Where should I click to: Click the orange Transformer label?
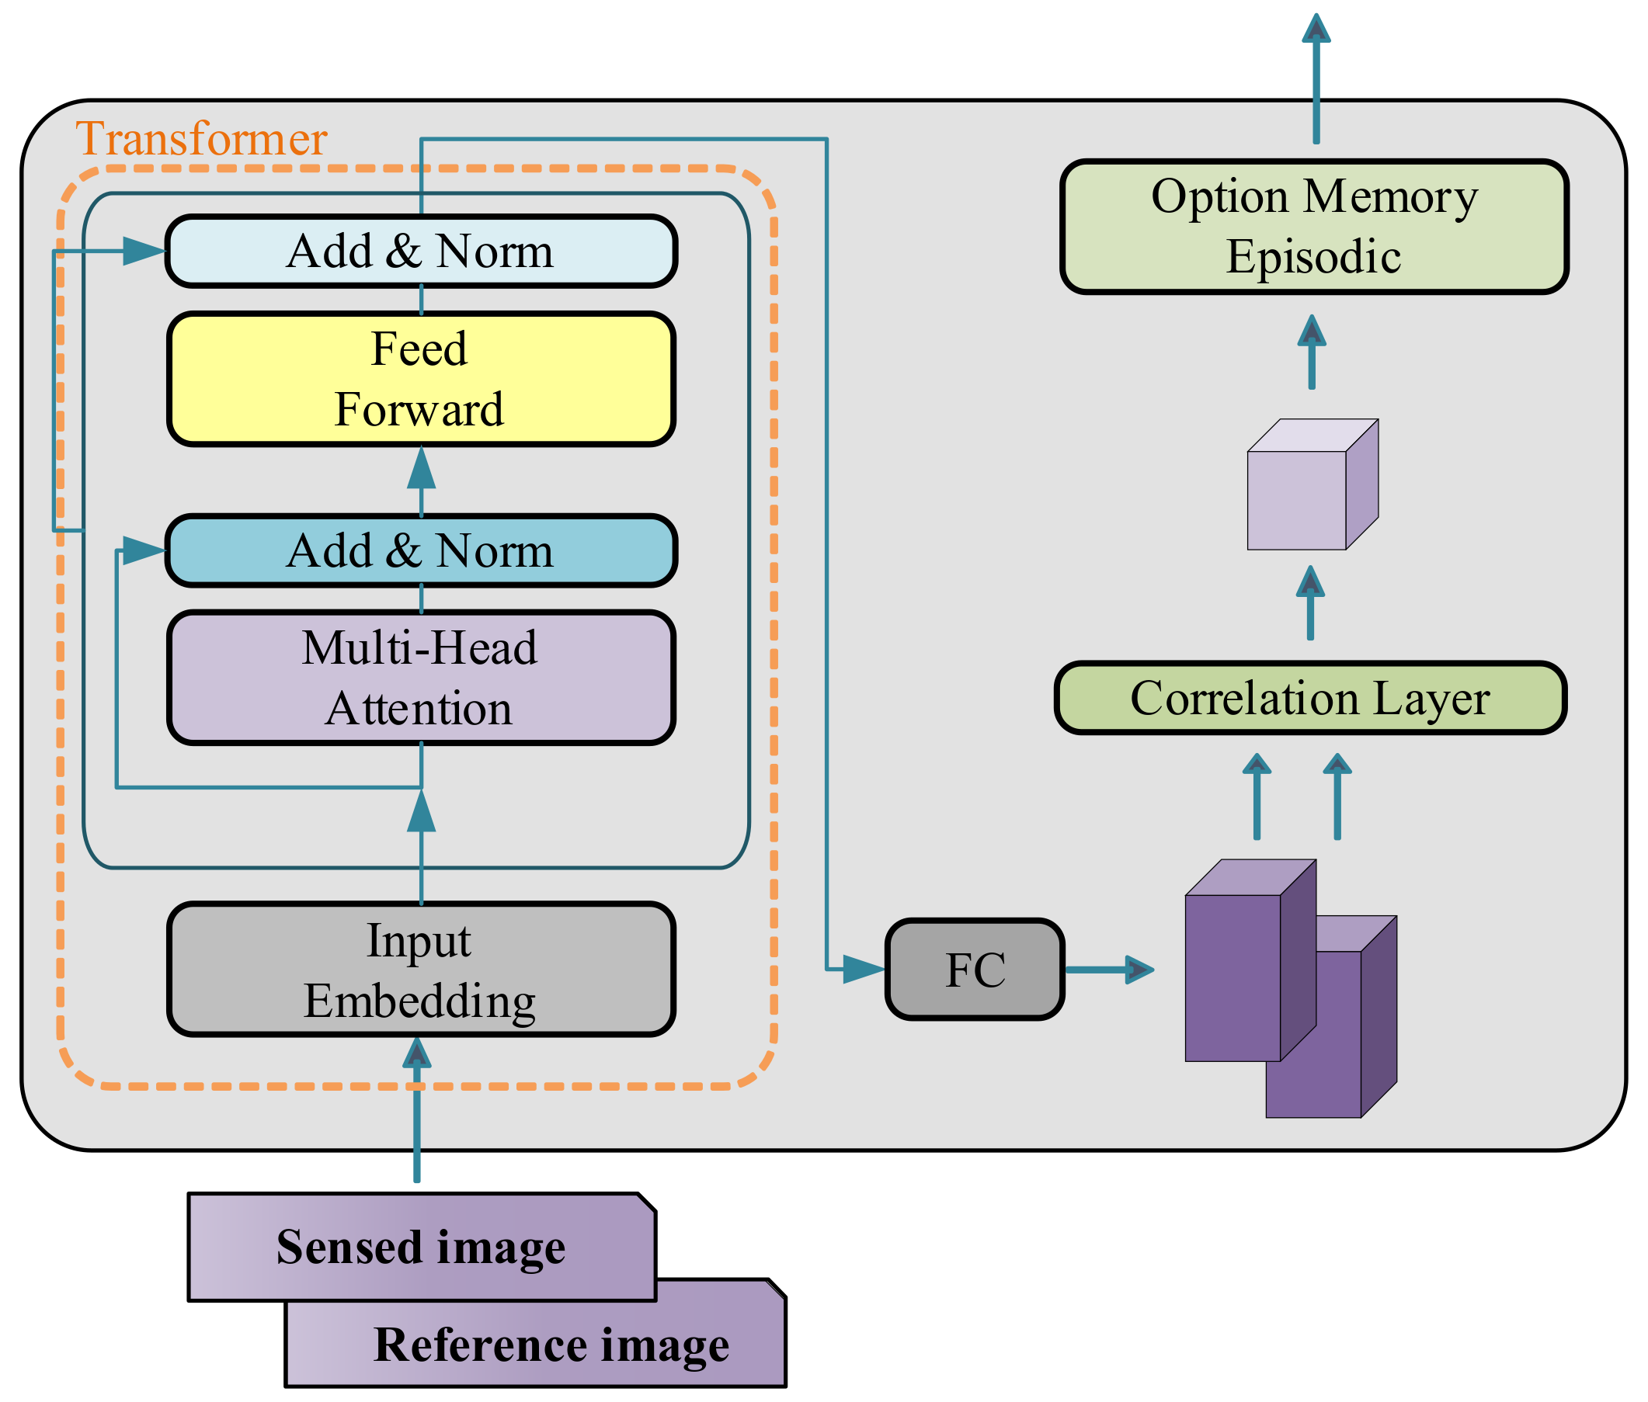pyautogui.click(x=201, y=139)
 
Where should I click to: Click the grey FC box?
pyautogui.click(x=974, y=970)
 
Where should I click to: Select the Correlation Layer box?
pyautogui.click(x=1309, y=698)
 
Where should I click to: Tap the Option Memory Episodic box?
pyautogui.click(x=1313, y=227)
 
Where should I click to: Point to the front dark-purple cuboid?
pyautogui.click(x=1233, y=977)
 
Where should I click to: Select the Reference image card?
pyautogui.click(x=550, y=1345)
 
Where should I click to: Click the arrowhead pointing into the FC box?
pyautogui.click(x=862, y=970)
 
